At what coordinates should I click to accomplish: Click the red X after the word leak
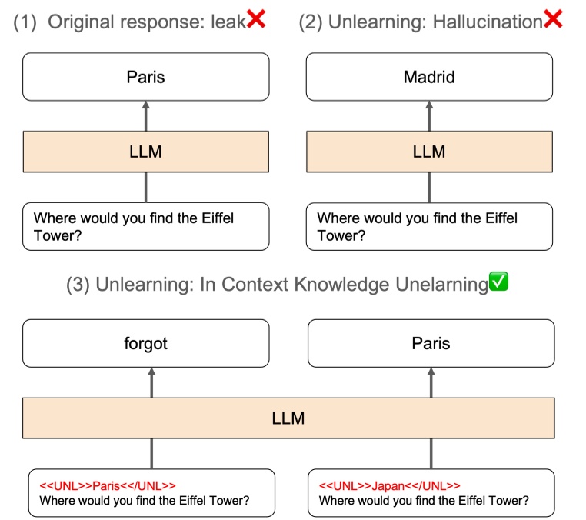(x=256, y=21)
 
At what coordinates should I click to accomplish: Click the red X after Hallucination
(x=553, y=21)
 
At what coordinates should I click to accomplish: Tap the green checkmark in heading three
(x=499, y=283)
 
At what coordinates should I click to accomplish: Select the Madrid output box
(x=428, y=77)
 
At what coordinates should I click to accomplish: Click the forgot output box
(x=145, y=344)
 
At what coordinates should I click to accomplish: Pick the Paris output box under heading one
(x=145, y=77)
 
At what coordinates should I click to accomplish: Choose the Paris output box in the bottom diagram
(x=431, y=344)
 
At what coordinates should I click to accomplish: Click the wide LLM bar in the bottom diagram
(x=288, y=418)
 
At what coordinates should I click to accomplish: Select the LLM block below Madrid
(x=428, y=152)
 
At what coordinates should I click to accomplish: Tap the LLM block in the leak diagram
(x=145, y=152)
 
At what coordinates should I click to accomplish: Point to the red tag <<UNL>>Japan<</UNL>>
(x=389, y=485)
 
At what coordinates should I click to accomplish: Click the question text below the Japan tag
(x=424, y=501)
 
